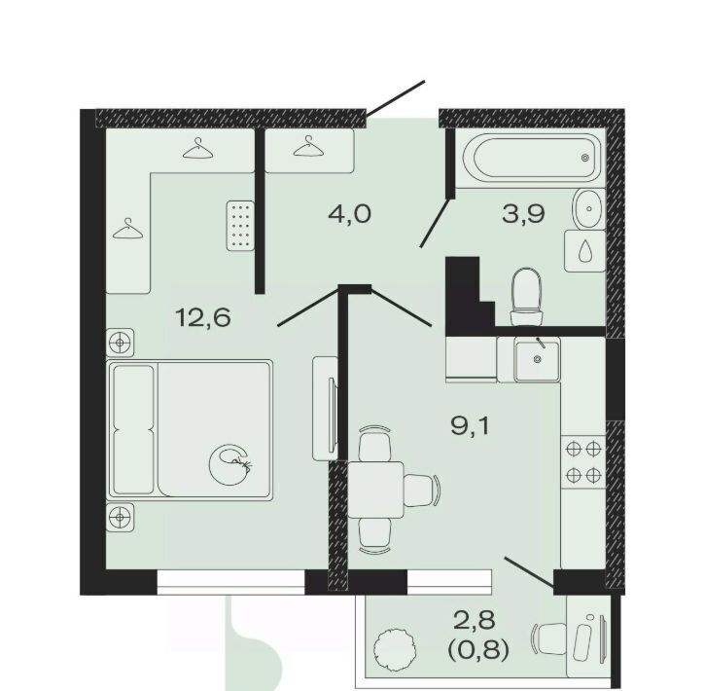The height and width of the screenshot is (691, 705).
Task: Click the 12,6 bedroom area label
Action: point(203,317)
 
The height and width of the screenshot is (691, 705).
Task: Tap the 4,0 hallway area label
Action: point(350,214)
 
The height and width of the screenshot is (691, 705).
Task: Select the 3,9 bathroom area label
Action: point(524,213)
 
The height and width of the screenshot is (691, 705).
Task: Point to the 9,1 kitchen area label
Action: point(470,425)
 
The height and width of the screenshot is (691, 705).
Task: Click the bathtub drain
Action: point(585,158)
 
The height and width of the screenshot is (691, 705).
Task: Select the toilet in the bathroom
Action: point(526,297)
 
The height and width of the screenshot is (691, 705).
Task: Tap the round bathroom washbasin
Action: point(588,208)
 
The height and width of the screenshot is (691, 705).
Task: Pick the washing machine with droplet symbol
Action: point(585,251)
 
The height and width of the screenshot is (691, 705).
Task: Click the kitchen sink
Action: point(538,360)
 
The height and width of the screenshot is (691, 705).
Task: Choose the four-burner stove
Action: point(583,462)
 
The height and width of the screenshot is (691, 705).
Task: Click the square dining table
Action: point(375,490)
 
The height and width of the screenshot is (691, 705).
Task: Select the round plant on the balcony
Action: point(394,646)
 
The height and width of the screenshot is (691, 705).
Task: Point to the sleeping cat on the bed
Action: point(230,464)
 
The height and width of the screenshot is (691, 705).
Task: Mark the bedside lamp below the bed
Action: point(120,517)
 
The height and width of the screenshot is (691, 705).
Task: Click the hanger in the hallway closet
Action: point(308,146)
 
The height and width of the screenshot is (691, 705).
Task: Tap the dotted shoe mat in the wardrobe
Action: point(240,225)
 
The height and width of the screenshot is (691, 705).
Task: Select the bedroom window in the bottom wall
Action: point(231,582)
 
